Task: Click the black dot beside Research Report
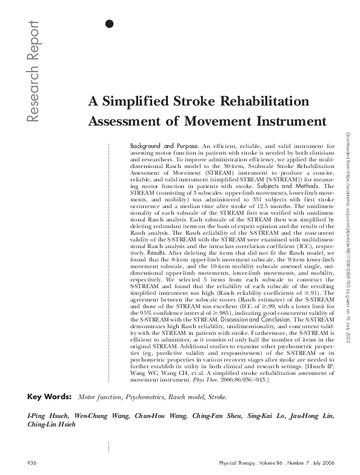point(109,24)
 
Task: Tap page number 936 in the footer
point(33,463)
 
